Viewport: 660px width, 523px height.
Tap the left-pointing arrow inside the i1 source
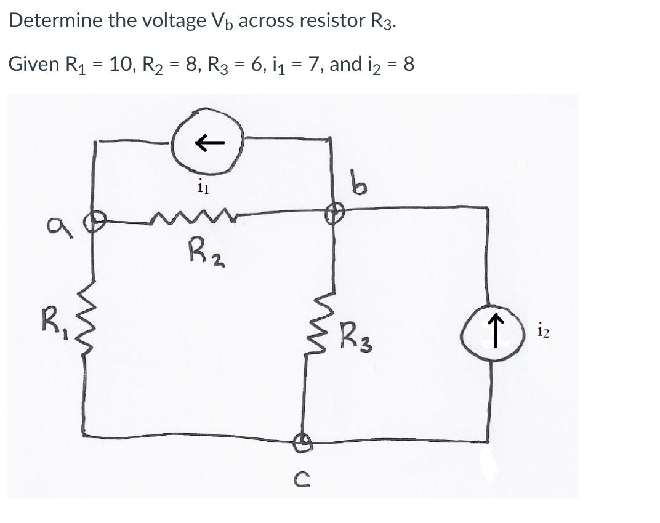point(209,143)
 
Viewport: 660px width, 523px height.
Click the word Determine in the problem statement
point(55,21)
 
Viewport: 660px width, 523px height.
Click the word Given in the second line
point(32,63)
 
